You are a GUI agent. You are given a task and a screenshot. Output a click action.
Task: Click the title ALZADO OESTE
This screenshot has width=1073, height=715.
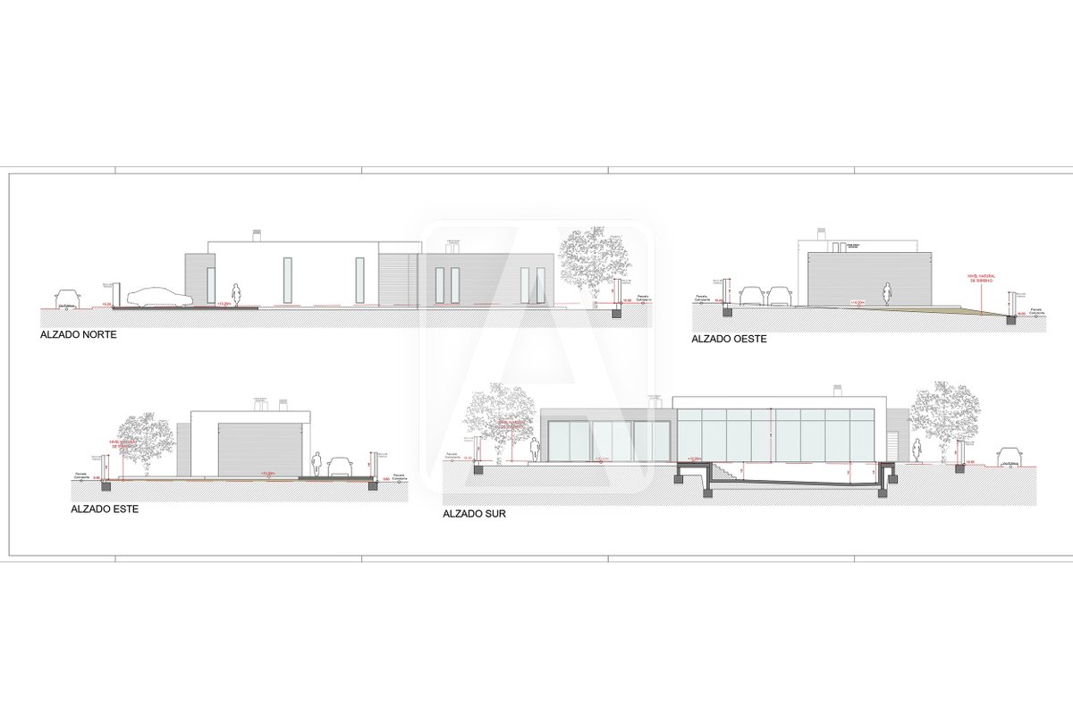(x=730, y=340)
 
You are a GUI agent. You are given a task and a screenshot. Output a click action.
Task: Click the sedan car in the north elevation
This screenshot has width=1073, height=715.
(x=159, y=298)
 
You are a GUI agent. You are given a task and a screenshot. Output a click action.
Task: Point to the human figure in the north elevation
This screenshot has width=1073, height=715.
(x=236, y=295)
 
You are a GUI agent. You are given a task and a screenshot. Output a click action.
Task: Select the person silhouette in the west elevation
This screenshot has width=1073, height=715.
(x=887, y=294)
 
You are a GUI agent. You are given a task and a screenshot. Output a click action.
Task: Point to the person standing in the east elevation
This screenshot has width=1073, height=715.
(x=317, y=465)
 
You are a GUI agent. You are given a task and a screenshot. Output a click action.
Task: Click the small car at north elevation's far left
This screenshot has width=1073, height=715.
(x=65, y=298)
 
